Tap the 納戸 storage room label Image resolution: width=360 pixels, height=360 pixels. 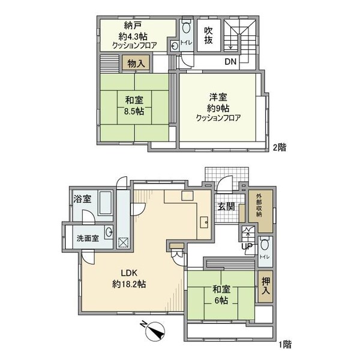click(133, 25)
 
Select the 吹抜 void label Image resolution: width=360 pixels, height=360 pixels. click(208, 35)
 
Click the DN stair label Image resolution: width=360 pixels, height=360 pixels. click(230, 62)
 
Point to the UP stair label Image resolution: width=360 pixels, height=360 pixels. click(247, 246)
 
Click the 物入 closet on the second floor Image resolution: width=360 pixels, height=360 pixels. click(136, 62)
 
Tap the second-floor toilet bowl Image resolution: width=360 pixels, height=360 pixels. click(186, 28)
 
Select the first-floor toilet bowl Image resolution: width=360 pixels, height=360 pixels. click(265, 245)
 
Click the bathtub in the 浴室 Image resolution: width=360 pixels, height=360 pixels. click(106, 203)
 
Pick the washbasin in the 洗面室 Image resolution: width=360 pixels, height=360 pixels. click(109, 232)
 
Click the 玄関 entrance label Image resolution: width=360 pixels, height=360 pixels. click(226, 207)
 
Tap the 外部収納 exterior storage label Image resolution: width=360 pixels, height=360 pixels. click(259, 205)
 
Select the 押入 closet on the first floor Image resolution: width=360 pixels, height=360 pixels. click(266, 286)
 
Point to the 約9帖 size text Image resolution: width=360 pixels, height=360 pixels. click(218, 108)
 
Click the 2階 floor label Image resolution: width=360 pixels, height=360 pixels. click(280, 148)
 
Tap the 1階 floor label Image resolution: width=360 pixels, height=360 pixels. click(285, 344)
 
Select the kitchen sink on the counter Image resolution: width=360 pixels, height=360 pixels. click(204, 222)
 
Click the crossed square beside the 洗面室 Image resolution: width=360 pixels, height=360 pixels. click(124, 243)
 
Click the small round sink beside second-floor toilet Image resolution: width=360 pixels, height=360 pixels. click(175, 46)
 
